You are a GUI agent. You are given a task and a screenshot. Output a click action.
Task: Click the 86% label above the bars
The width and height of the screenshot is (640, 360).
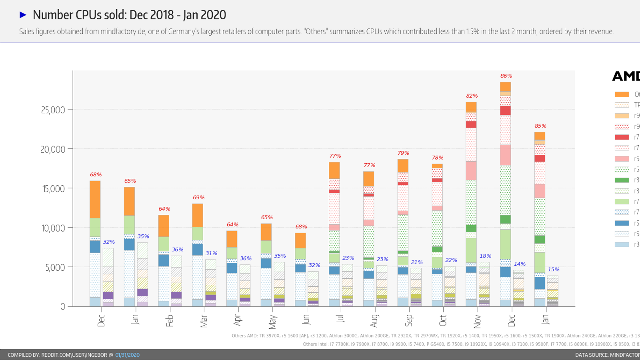(506, 76)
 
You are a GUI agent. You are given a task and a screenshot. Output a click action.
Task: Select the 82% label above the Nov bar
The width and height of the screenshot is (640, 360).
(472, 96)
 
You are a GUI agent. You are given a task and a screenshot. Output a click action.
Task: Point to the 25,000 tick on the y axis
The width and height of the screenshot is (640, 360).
(53, 110)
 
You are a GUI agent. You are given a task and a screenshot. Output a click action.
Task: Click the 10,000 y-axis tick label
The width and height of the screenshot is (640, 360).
(53, 228)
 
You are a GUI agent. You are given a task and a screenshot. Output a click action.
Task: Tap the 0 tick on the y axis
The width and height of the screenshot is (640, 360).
(62, 307)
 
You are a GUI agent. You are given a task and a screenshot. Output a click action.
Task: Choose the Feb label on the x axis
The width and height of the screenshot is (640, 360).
(170, 320)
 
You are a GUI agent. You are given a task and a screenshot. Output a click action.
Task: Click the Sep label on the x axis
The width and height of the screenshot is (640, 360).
(409, 320)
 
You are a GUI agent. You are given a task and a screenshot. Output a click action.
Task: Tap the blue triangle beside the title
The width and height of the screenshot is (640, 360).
(23, 15)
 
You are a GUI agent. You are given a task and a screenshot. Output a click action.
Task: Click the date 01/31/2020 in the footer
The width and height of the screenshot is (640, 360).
(127, 355)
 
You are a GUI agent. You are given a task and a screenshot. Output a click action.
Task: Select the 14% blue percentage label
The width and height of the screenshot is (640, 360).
(520, 264)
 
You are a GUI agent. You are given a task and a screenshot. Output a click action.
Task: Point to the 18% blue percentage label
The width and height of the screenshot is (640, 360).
(485, 256)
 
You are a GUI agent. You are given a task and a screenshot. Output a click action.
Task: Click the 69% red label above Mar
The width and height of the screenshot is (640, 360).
(198, 198)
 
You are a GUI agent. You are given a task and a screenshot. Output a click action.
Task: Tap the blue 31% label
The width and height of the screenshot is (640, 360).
(211, 254)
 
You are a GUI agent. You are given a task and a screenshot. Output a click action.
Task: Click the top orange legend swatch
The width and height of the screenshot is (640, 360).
(622, 94)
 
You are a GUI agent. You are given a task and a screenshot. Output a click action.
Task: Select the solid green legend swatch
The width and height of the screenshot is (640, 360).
(622, 180)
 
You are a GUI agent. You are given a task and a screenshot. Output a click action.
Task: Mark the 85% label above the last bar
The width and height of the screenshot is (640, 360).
(540, 126)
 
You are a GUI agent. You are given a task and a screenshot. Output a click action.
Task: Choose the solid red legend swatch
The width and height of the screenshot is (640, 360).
(622, 137)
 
